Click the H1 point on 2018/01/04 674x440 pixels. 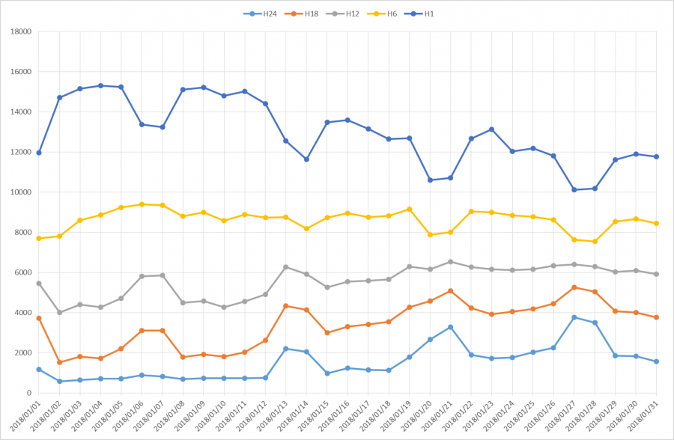point(100,85)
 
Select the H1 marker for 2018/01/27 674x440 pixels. point(574,189)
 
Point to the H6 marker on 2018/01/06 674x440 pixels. point(142,204)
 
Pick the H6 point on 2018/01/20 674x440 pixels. point(430,235)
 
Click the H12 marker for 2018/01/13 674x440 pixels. point(286,267)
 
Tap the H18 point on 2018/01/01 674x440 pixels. point(39,318)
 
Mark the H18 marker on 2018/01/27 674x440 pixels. point(574,287)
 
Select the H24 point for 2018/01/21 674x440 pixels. point(451,327)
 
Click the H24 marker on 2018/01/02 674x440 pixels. point(59,381)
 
